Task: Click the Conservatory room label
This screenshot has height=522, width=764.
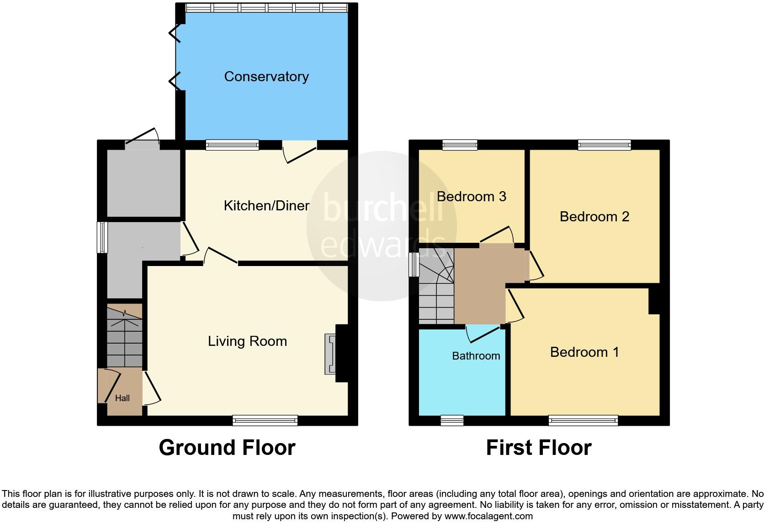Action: coord(266,77)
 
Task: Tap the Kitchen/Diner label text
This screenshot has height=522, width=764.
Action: coord(266,206)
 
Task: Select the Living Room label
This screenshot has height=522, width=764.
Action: coord(247,341)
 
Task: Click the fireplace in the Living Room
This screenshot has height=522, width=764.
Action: coord(330,354)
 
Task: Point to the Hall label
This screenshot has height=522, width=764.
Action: coord(122,398)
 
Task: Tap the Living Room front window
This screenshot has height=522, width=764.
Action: coord(265,420)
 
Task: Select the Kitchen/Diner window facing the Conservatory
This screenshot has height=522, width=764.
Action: coord(232,145)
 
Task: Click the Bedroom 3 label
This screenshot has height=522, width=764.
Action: coord(471,197)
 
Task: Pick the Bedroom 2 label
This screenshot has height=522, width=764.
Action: coord(594,216)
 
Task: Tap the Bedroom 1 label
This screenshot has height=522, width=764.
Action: coord(584,352)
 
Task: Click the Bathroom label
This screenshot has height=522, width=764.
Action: coord(476,356)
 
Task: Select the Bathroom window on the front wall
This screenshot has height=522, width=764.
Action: coord(452,420)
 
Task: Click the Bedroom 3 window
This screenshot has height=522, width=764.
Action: coord(460,145)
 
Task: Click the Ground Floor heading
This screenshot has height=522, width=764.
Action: coord(227,448)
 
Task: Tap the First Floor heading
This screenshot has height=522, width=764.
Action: coord(538,448)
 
